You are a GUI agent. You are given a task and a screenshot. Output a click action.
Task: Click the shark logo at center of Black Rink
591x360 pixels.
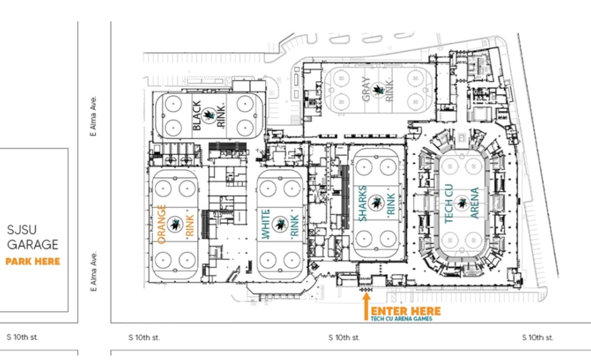coord(209,116)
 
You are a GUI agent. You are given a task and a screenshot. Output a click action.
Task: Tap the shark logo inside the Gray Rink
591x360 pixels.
coord(378,89)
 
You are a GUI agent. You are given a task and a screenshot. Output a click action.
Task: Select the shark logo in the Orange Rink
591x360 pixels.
coord(174,224)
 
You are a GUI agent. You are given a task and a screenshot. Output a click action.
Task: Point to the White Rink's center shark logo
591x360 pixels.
coord(280,224)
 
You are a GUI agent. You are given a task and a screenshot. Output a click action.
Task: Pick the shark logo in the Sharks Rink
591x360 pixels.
coord(377,201)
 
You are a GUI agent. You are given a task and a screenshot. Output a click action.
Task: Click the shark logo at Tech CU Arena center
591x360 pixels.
coord(462,203)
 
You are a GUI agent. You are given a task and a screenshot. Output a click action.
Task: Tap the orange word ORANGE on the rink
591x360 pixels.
coord(161,224)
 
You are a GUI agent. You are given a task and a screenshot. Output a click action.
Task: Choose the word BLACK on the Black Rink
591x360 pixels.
coord(197,116)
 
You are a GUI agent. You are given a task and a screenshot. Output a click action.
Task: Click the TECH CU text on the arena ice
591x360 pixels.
coord(449,203)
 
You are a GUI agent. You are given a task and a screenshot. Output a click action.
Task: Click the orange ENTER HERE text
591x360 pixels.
coord(406,311)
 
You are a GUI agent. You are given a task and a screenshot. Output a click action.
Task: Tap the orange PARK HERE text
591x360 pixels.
coord(33,261)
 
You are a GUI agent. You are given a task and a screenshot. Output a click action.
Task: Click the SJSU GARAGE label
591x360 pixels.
coord(33,237)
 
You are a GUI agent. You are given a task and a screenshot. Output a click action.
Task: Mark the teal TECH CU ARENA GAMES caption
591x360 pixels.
coord(401,319)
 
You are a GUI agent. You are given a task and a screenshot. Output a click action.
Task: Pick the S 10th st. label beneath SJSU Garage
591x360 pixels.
coord(22,337)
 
